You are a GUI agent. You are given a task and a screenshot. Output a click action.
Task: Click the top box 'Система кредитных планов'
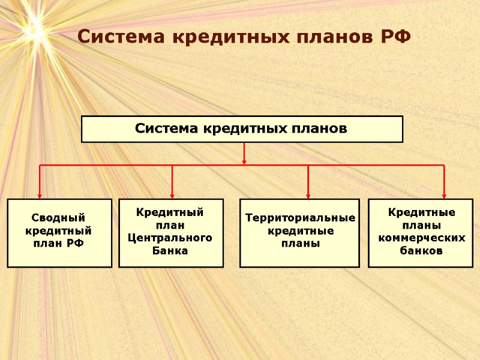point(242,129)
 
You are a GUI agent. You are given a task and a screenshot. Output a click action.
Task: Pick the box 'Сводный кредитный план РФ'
point(59,233)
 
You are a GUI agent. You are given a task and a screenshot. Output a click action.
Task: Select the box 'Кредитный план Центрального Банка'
point(171,233)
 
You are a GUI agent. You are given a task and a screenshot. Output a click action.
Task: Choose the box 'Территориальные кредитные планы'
point(299,233)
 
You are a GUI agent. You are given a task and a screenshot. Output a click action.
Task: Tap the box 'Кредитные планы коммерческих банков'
point(421,233)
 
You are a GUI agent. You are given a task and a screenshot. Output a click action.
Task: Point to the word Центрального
point(171,238)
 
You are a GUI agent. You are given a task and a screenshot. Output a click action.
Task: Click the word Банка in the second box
point(171,251)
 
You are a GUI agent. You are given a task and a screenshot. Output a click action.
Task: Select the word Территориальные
point(300,218)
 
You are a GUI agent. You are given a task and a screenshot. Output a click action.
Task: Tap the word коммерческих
point(422,238)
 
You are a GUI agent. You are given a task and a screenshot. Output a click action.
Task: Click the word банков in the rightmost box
point(422,251)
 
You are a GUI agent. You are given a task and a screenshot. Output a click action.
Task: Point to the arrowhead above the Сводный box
point(40,194)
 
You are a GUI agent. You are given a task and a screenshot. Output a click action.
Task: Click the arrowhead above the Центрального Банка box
point(172,194)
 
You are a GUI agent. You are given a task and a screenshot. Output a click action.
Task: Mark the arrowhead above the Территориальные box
point(308,194)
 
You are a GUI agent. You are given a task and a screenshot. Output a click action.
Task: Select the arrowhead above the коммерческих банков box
point(444,194)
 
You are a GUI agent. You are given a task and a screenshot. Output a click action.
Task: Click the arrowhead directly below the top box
point(244,160)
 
